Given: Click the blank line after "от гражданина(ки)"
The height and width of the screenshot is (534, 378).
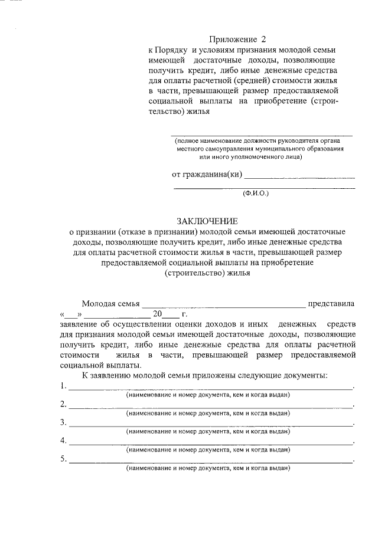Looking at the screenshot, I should pos(299,176).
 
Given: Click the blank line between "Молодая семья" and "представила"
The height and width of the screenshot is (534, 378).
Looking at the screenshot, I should pos(223,306).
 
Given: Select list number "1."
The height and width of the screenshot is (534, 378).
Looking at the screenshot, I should pos(63,386).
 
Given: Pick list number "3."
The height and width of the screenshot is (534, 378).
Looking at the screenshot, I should pos(63,422).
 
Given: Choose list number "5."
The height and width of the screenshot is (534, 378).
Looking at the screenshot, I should pos(63,459).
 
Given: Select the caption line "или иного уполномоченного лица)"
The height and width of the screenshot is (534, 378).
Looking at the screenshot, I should pos(251,157).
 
